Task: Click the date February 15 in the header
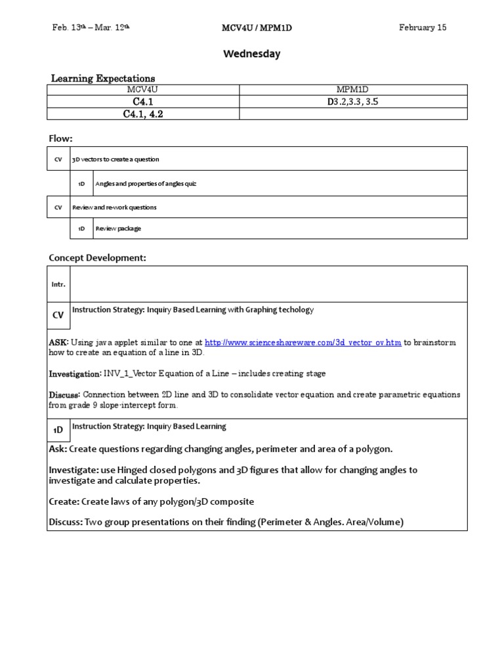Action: (423, 28)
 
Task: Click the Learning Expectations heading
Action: (103, 78)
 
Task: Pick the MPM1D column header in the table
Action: (353, 89)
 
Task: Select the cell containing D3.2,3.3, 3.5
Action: (353, 102)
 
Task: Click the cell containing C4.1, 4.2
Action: (142, 114)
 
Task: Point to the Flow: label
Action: (60, 138)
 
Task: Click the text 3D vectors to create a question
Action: (115, 159)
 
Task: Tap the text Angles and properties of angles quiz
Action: (146, 184)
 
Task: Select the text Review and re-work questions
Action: (114, 207)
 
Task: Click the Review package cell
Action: (118, 228)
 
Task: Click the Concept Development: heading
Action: (97, 258)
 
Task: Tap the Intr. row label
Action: (58, 284)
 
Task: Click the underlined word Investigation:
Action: (74, 373)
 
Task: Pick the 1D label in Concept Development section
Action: (58, 429)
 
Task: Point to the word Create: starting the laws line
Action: (64, 501)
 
